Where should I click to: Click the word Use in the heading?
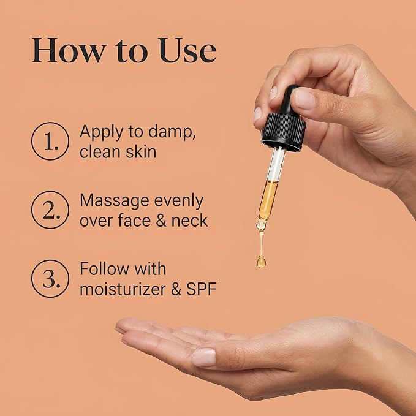tap(187, 50)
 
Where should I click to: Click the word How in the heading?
tap(69, 50)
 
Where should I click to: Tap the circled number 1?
tap(50, 141)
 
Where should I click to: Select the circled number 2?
tap(50, 210)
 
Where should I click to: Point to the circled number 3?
tap(50, 278)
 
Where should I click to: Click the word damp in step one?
tap(172, 132)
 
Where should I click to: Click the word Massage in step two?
tap(115, 201)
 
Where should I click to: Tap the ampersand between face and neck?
tap(161, 221)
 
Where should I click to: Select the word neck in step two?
tap(189, 221)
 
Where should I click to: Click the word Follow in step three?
tap(104, 269)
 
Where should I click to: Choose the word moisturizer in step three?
tap(123, 289)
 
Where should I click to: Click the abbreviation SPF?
tap(201, 289)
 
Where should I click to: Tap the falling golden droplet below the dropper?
tap(261, 262)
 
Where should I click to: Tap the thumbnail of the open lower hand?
tap(204, 358)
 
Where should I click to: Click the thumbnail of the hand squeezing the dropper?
tap(305, 99)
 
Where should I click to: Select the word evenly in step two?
tap(179, 201)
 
